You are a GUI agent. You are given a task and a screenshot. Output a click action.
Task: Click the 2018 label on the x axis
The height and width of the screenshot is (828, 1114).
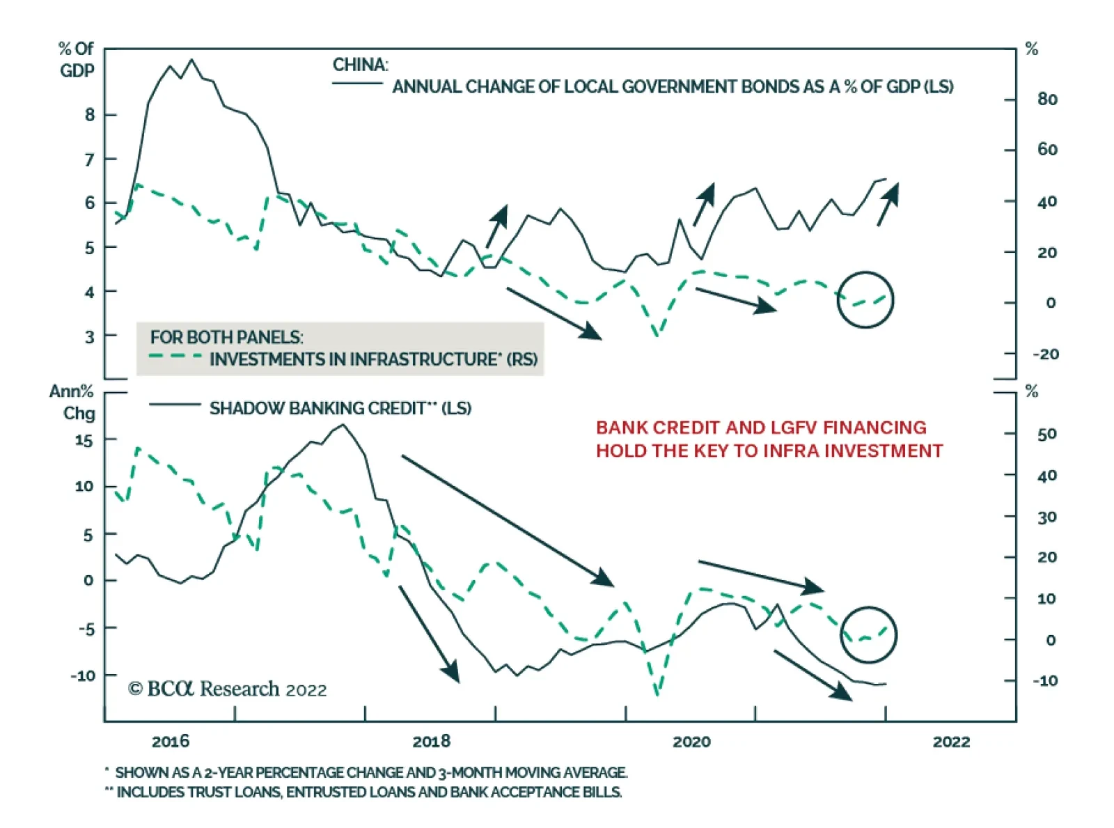tap(431, 741)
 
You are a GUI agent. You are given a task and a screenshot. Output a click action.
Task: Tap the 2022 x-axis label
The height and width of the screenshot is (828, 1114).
tap(951, 741)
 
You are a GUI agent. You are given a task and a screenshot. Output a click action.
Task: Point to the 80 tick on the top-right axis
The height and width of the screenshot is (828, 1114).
tap(1046, 99)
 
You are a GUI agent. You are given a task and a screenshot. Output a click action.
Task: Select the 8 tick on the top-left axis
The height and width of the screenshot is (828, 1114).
tap(90, 115)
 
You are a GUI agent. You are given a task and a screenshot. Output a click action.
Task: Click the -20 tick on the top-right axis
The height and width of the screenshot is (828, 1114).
tap(1045, 354)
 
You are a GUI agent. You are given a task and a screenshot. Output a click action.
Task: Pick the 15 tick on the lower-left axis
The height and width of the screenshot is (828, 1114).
tap(84, 441)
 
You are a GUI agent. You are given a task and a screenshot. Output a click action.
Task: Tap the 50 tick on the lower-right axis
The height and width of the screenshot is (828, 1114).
tap(1046, 434)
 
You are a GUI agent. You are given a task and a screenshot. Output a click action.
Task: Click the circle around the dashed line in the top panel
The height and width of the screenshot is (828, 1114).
tap(865, 299)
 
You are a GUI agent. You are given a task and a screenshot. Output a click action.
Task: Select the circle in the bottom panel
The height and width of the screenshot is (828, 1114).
tap(868, 634)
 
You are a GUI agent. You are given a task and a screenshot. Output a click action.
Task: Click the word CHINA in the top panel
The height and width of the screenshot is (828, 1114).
tap(359, 65)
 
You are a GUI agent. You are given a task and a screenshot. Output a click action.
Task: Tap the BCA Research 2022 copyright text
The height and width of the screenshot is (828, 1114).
tap(228, 689)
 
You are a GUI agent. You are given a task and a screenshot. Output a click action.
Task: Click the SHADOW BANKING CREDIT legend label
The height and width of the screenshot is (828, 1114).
tap(340, 408)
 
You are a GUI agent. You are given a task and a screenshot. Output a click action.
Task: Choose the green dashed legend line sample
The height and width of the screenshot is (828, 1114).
tap(175, 357)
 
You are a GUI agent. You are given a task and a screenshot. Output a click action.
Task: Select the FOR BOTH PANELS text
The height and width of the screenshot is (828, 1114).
tap(226, 337)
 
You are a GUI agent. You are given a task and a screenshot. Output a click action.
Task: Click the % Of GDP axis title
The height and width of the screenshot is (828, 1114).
tap(76, 60)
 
